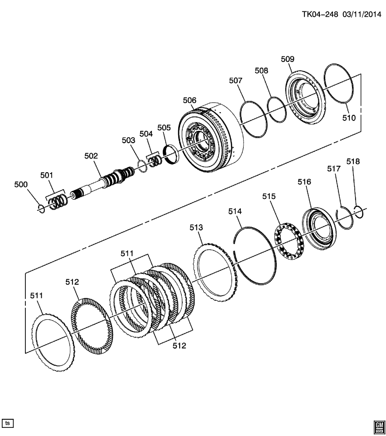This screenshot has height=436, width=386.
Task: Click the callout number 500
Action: coord(21,184)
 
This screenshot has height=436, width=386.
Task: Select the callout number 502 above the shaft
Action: coord(91,156)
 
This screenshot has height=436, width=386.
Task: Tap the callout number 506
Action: coord(190,100)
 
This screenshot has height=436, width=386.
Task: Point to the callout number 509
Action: coord(288,59)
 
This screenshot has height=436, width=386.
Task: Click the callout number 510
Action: coord(349,118)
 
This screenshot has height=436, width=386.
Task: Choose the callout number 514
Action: coord(235,211)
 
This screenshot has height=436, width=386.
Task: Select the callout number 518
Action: coord(353,161)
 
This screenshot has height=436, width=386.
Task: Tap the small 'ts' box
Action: coord(8,423)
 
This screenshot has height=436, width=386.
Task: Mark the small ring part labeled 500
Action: coord(40,208)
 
